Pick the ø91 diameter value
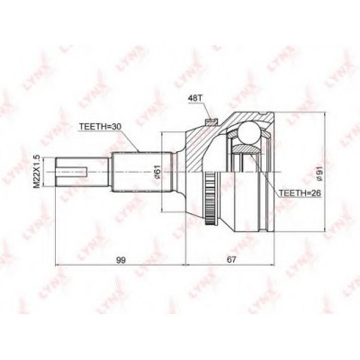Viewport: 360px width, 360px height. [x=320, y=171]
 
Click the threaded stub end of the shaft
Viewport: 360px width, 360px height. [x=74, y=171]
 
